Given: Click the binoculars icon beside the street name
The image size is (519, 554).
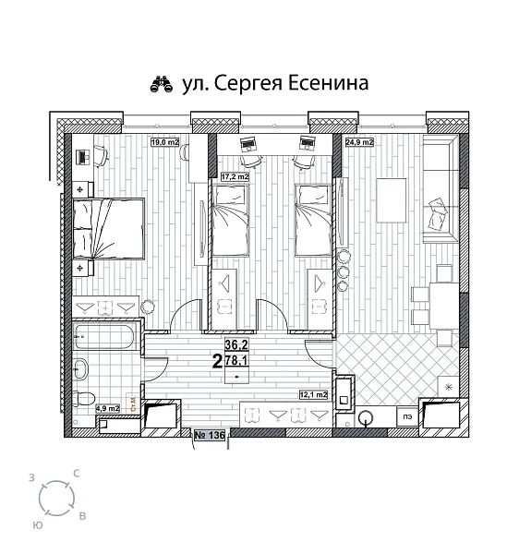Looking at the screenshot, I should pos(163,85).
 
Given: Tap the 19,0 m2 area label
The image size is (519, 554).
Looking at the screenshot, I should pos(165,142).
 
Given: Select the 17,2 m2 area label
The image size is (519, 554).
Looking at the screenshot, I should pos(235,175).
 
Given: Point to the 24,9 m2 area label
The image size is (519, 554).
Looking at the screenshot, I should pos(359,143).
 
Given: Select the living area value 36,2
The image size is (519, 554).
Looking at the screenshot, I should pos(236,346).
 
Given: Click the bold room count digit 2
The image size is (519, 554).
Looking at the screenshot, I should pos(216,362).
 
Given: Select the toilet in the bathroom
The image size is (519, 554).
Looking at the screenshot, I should pos(84,400).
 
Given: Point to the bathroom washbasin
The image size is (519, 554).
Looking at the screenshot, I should pos(81,370).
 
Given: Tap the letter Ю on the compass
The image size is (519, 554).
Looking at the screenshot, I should pos(37,524).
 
